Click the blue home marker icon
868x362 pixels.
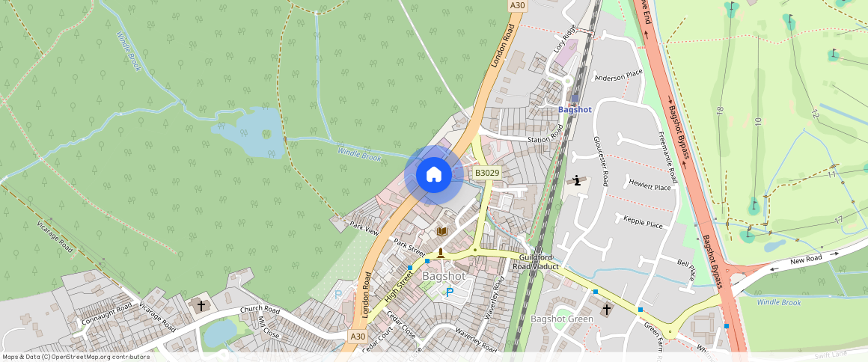coord(433,175)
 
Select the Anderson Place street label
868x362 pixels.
coord(618,75)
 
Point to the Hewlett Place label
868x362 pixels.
coord(650,183)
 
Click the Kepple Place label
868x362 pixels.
coord(643,222)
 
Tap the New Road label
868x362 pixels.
coord(806,259)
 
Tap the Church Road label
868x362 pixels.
coord(260,310)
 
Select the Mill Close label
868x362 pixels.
coord(267,326)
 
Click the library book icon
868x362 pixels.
coord(441,231)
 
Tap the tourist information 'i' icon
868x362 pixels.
coord(577,180)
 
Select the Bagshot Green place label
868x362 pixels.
coord(562,319)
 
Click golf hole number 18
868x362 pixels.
coord(720,110)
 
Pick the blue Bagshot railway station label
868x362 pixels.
coord(575,109)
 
